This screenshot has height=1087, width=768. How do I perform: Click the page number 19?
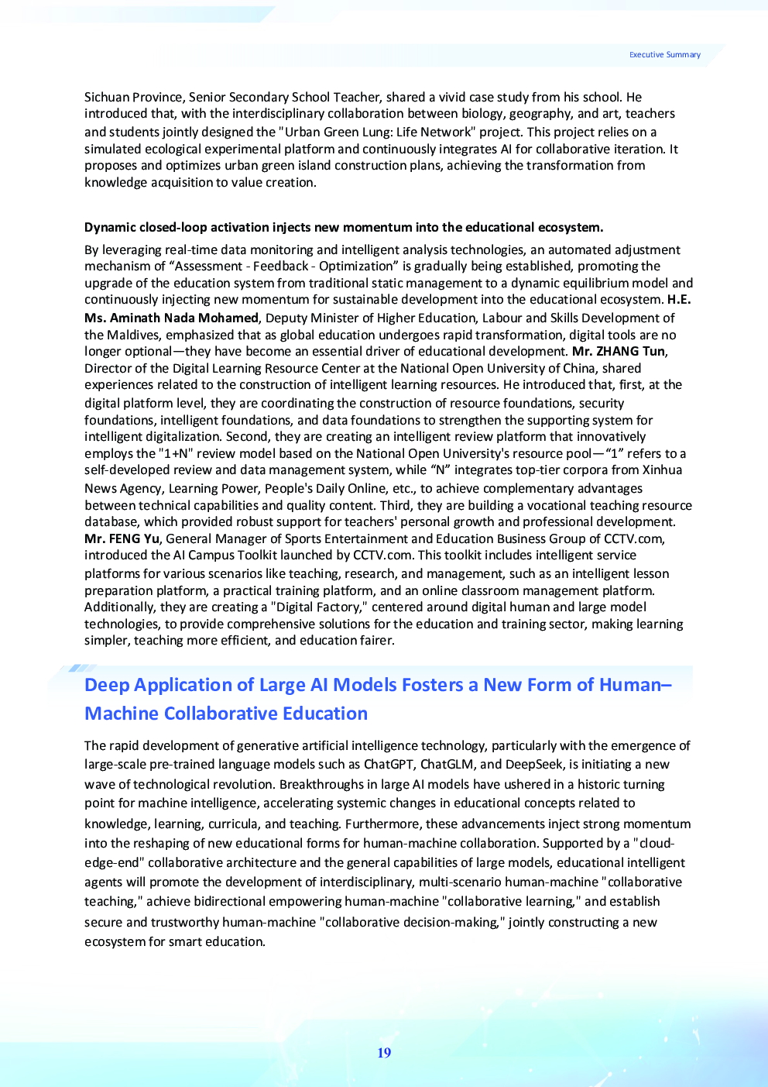[384, 1053]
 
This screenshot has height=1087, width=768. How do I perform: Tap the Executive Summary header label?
[664, 55]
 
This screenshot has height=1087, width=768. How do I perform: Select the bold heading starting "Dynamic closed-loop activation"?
[343, 227]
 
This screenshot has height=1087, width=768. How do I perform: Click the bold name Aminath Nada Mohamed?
[184, 318]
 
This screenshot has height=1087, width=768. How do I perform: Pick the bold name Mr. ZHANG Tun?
[618, 351]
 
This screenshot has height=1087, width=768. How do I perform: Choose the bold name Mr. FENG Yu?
[122, 538]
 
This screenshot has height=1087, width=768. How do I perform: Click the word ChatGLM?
[447, 765]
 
